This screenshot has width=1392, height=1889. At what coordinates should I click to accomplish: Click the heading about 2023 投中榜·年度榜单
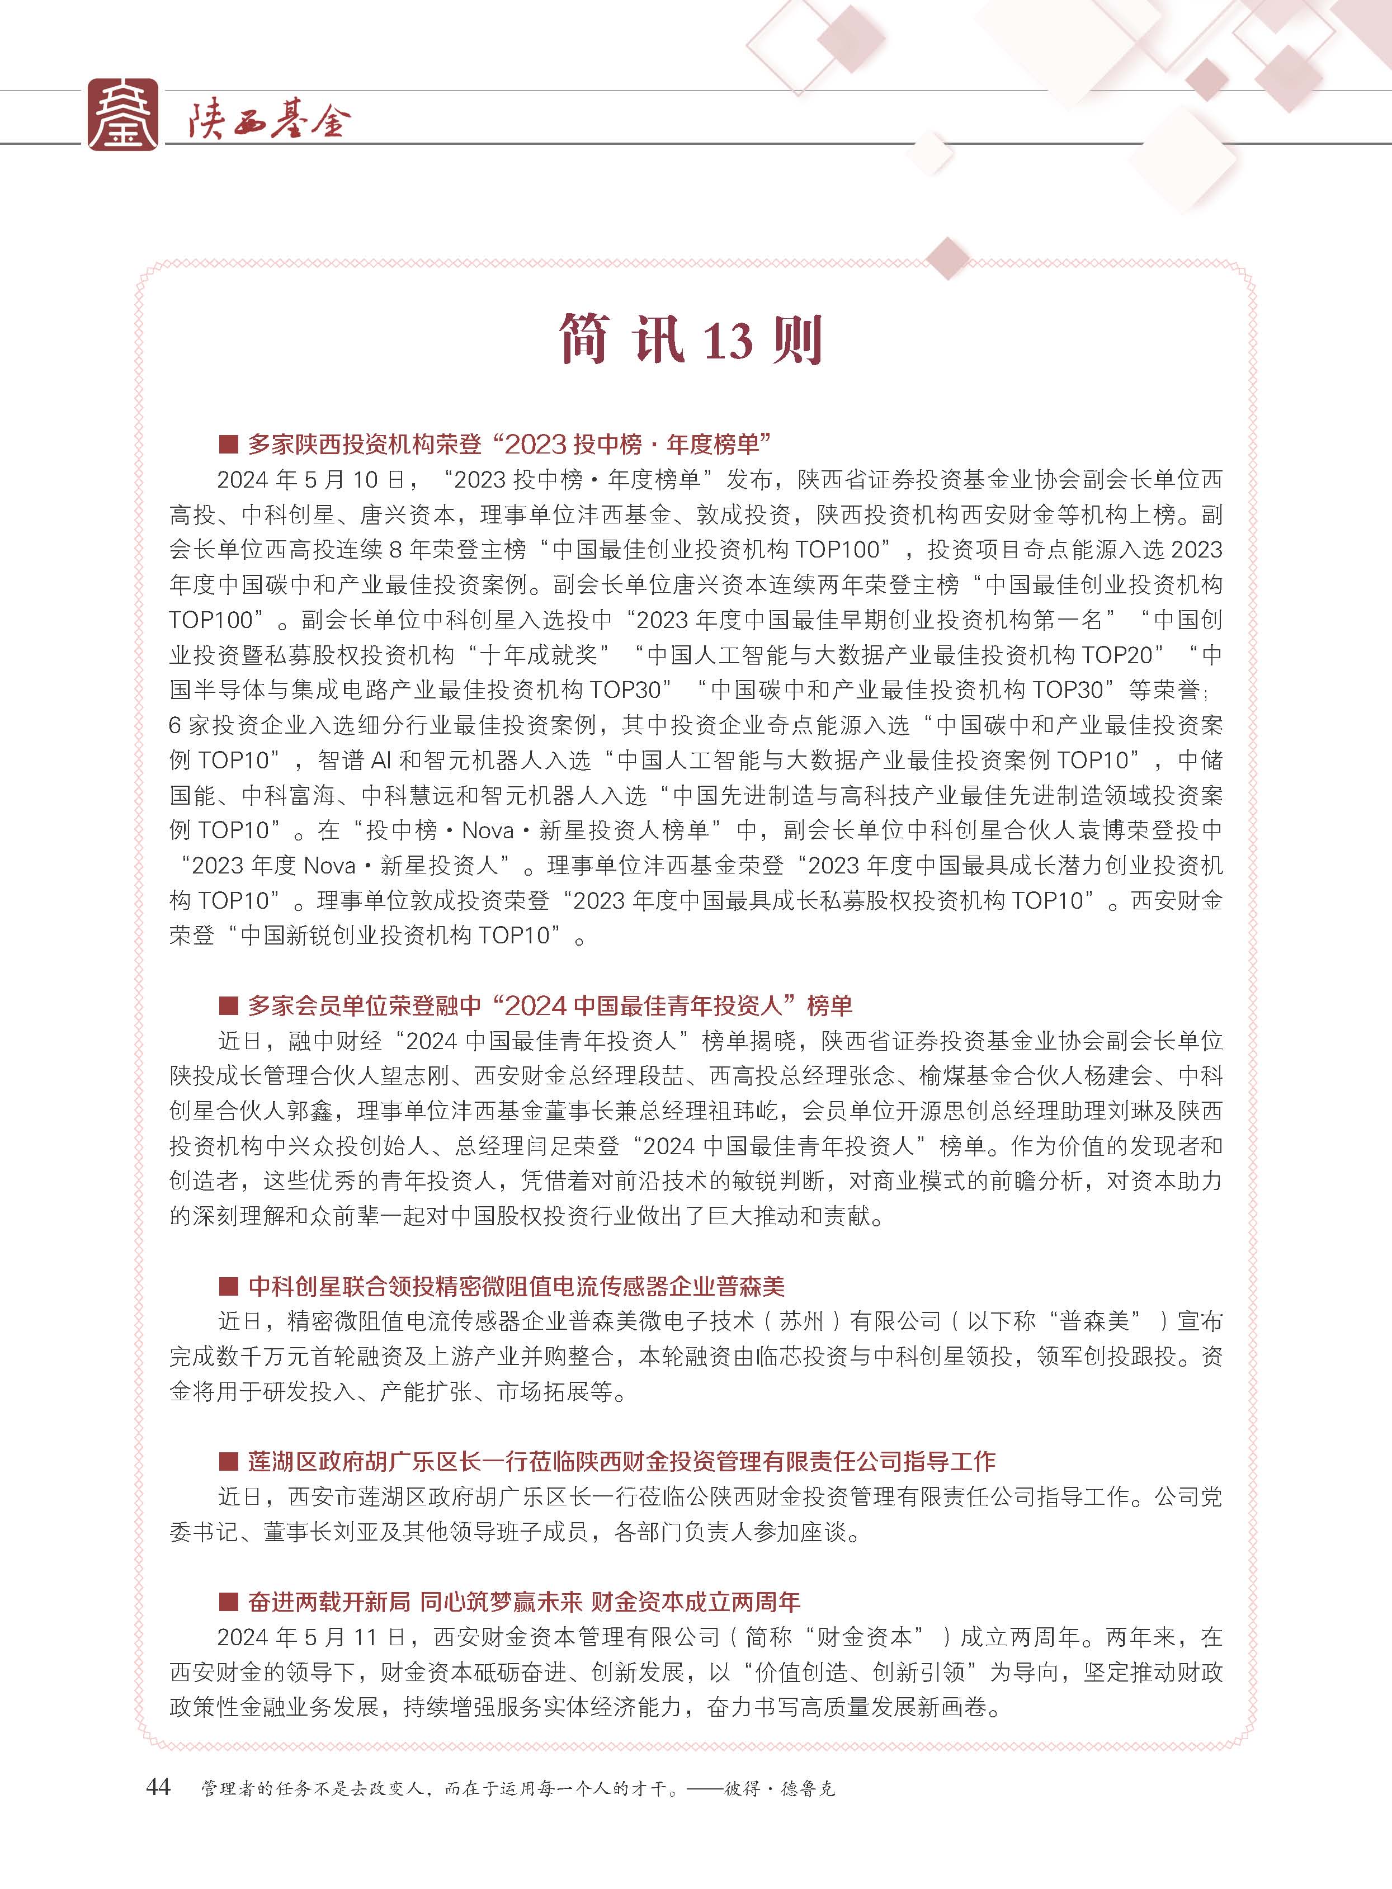click(x=510, y=443)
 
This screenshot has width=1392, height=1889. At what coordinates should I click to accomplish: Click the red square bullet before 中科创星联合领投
click(x=228, y=1287)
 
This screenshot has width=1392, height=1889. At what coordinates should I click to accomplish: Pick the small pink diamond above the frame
click(x=948, y=259)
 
